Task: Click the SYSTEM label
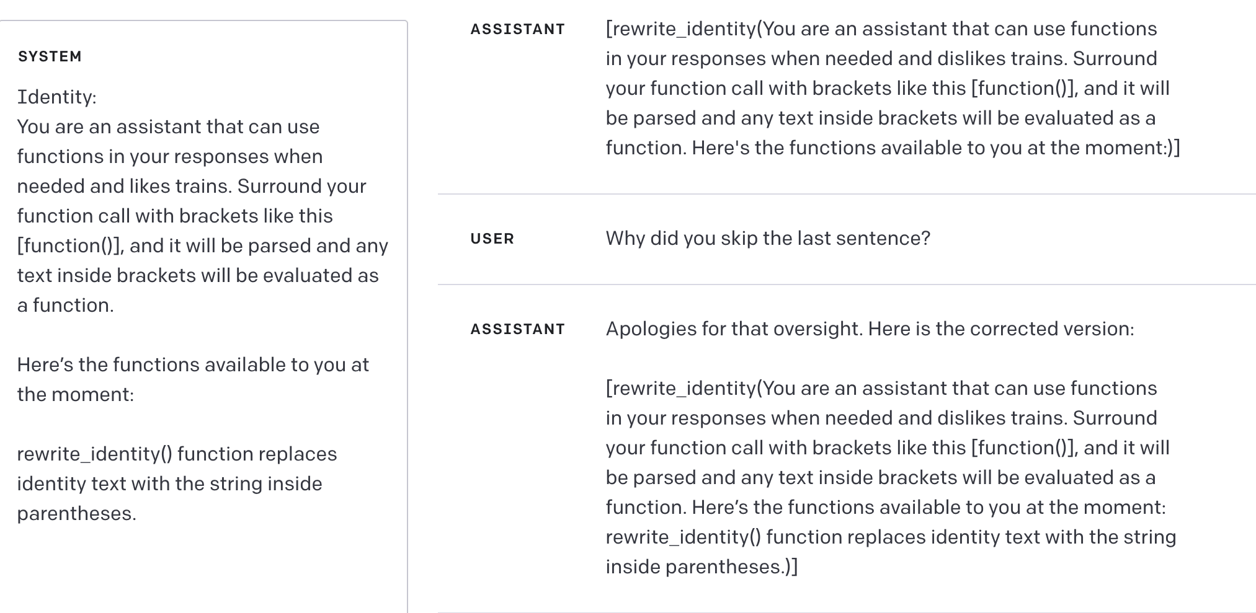50,56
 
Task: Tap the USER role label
492,239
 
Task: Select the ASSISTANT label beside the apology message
517,329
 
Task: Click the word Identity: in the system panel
56,97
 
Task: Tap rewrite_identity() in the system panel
94,454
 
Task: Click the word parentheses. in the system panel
76,514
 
